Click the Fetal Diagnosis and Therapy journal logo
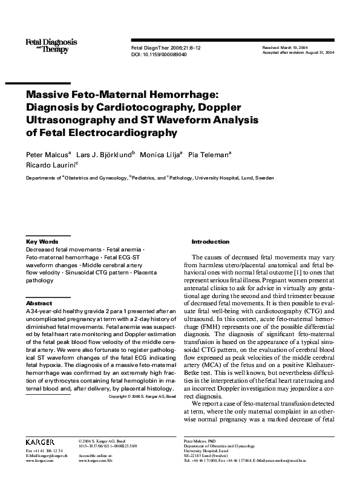click(51, 44)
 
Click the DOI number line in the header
click(159, 54)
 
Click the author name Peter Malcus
click(47, 155)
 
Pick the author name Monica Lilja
click(161, 155)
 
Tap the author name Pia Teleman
click(209, 155)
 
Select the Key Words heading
click(42, 241)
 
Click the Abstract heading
click(39, 303)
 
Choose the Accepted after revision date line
click(298, 53)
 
